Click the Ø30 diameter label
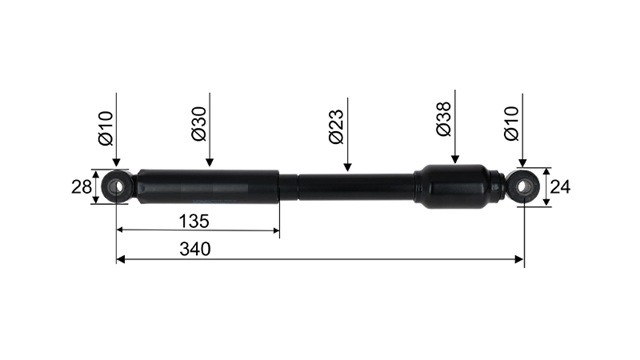pyautogui.click(x=199, y=124)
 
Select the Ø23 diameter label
pyautogui.click(x=337, y=127)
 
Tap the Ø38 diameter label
pyautogui.click(x=444, y=119)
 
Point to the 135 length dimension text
pyautogui.click(x=194, y=221)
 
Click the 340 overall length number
pyautogui.click(x=195, y=249)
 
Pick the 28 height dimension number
pyautogui.click(x=82, y=187)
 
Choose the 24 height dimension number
pyautogui.click(x=560, y=187)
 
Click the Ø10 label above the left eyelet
pyautogui.click(x=106, y=128)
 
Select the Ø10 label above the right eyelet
pyautogui.click(x=511, y=124)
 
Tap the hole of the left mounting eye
pyautogui.click(x=118, y=187)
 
